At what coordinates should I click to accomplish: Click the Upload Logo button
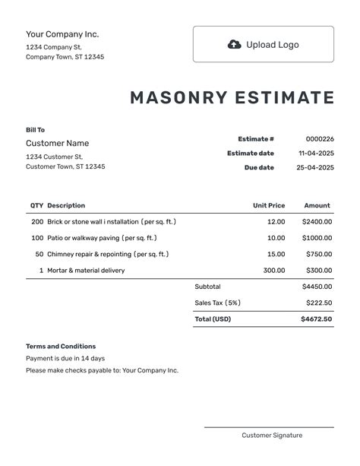tap(263, 44)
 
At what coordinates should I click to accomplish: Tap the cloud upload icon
tap(235, 44)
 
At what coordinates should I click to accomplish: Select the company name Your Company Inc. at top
tap(62, 34)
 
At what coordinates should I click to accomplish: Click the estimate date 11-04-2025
tap(316, 154)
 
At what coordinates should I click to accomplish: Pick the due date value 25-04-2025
tap(315, 167)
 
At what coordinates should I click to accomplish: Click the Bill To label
tap(35, 130)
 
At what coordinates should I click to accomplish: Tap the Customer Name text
tap(57, 143)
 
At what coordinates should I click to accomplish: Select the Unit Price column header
tap(269, 205)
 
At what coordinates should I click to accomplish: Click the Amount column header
tap(317, 205)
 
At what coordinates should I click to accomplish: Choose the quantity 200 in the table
tap(37, 222)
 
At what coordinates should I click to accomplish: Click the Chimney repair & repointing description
tap(108, 254)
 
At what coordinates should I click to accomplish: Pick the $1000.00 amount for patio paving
tap(317, 238)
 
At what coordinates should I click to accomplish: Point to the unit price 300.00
tap(274, 270)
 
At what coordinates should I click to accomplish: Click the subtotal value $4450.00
tap(317, 287)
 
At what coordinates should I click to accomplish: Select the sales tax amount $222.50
tap(319, 303)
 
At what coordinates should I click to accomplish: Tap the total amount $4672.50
tap(317, 319)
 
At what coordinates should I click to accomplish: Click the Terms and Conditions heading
tap(61, 346)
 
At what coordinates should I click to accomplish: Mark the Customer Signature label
tap(272, 436)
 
